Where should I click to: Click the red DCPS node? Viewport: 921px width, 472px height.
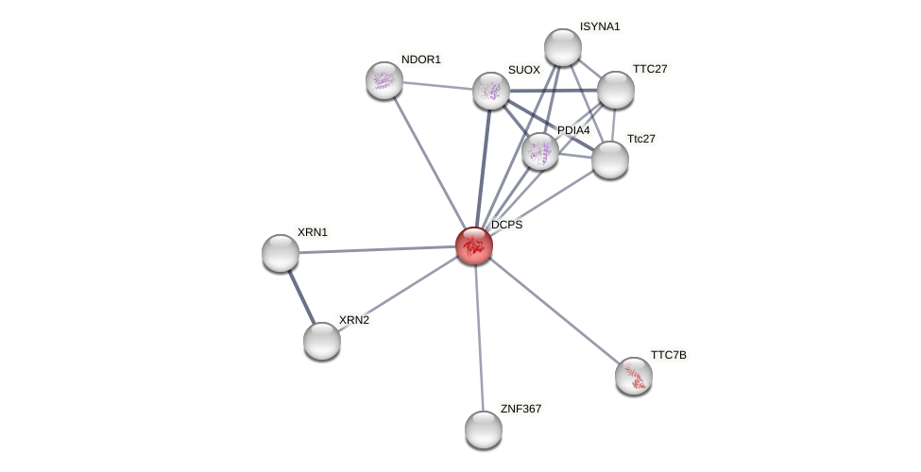coord(473,245)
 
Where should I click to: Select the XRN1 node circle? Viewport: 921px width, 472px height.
coord(281,253)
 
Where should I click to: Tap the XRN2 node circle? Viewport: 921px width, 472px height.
coord(322,341)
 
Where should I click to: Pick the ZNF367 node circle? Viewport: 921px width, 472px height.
coord(484,430)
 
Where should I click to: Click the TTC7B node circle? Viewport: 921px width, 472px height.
coord(634,376)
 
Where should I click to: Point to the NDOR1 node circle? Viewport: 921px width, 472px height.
coord(384,80)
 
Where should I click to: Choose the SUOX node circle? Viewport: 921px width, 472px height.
coord(491,91)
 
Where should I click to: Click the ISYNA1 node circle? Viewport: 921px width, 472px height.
coord(563,47)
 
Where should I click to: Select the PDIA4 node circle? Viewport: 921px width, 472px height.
coord(540,151)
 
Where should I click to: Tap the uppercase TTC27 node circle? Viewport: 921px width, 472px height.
coord(616,90)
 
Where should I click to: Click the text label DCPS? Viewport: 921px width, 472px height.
coord(506,225)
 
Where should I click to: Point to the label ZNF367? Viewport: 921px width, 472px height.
coord(520,409)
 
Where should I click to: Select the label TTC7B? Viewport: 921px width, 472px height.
coord(668,355)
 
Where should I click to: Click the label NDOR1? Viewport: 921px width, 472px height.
coord(420,59)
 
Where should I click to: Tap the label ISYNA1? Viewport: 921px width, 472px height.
coord(600,26)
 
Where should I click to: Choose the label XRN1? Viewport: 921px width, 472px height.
coord(312,232)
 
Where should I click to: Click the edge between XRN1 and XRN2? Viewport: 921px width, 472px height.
coord(301,296)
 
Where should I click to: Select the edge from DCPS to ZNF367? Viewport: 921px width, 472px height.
coord(479,338)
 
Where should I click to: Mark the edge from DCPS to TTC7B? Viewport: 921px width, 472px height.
coord(554,311)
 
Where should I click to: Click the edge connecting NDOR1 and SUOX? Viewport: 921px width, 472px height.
coord(437,86)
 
